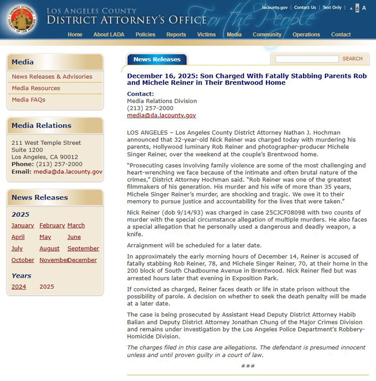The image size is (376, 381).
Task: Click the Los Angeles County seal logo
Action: tap(23, 19)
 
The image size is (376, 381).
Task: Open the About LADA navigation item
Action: tap(109, 34)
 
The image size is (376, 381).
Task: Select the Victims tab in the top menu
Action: tap(206, 34)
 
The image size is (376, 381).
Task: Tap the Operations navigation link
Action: tap(306, 34)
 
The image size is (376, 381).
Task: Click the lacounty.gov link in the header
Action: tap(274, 8)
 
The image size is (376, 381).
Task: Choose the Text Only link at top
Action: tap(331, 8)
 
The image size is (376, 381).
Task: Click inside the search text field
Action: tap(307, 58)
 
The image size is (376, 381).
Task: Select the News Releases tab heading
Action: tap(157, 60)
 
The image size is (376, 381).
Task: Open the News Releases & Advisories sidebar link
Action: tap(52, 77)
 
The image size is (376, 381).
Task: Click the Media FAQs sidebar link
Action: tap(28, 100)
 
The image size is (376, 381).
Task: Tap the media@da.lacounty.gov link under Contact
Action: tap(161, 115)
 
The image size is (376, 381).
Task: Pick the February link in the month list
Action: tap(52, 225)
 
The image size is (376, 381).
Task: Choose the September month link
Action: tap(83, 248)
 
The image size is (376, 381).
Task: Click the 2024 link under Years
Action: tap(19, 287)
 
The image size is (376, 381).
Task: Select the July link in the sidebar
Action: tap(17, 248)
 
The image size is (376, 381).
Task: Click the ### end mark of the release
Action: tap(248, 366)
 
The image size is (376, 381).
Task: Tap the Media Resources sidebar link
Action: tap(36, 88)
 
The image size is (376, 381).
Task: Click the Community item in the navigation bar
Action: tap(267, 34)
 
